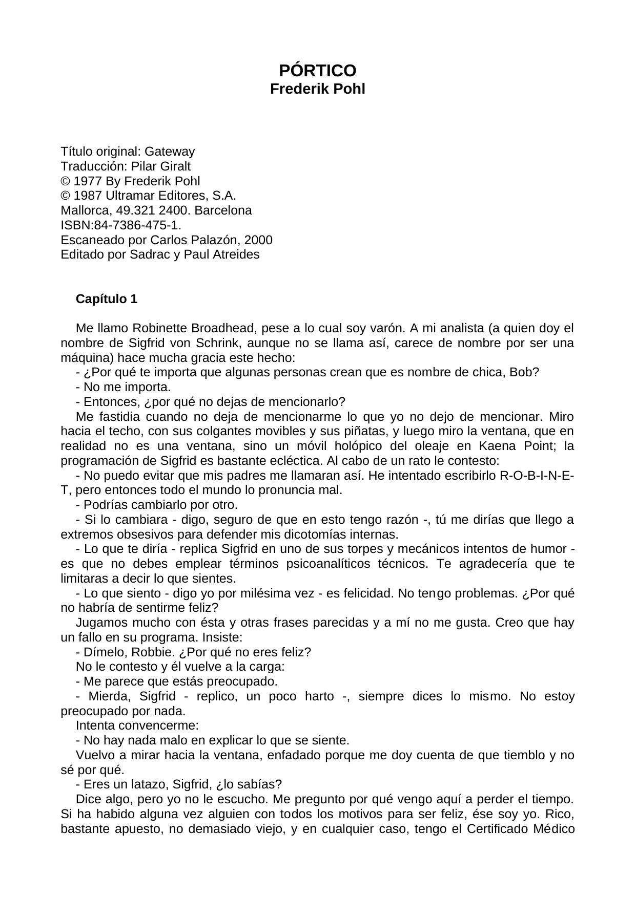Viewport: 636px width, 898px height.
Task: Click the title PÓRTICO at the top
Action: [x=317, y=71]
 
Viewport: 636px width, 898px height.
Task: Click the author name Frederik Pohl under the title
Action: [x=317, y=89]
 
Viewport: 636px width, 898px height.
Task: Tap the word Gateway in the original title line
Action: [x=170, y=152]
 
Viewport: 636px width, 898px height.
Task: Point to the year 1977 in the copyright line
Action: [x=88, y=181]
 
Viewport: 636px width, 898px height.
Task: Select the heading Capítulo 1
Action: [x=107, y=299]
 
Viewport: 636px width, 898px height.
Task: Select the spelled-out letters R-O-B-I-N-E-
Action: [x=536, y=476]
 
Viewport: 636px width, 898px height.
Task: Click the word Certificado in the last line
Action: [x=497, y=829]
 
